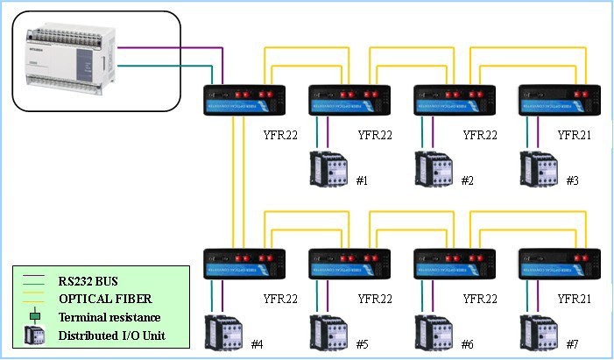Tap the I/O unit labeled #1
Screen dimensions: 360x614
(329, 168)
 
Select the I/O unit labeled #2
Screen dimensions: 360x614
(434, 168)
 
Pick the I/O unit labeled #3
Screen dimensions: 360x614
(540, 168)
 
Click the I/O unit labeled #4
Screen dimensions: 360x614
(224, 330)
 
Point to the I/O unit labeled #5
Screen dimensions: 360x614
(329, 330)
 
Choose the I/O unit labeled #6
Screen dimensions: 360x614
(434, 330)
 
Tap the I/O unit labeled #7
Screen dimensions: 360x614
(540, 330)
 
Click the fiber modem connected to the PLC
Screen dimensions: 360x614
(244, 101)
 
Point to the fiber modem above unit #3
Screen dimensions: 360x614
(560, 101)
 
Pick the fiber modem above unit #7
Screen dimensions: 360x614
(560, 265)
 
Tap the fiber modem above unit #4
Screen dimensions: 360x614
(244, 265)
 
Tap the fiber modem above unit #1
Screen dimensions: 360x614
(349, 101)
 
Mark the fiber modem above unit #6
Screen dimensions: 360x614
(455, 265)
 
